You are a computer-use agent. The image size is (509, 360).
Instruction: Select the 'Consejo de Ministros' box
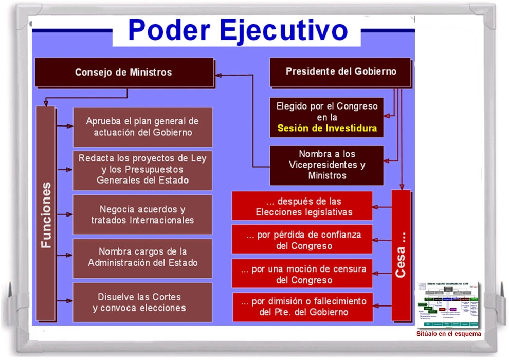coord(123,72)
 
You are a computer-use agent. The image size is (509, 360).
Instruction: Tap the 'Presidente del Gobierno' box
coord(341,71)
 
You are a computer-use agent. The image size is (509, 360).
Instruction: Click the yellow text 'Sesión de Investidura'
coord(327,128)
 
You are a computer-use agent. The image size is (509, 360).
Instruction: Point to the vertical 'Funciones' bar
coord(46,214)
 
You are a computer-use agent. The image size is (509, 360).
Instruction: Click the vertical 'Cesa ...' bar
coord(401,255)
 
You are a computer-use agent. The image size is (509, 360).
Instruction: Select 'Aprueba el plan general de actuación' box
coord(142,127)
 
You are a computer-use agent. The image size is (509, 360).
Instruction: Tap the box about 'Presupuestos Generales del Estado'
coord(142,170)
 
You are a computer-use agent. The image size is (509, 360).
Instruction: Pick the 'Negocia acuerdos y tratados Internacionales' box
coord(142,214)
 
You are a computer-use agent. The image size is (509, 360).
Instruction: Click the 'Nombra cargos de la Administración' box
coord(142,258)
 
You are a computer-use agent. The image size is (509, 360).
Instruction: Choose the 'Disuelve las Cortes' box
coord(142,302)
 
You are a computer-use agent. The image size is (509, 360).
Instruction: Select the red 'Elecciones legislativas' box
coord(302,206)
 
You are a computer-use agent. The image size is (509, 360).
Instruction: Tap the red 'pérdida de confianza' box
coord(302,240)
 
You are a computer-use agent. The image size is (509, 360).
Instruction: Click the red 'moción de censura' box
coord(302,274)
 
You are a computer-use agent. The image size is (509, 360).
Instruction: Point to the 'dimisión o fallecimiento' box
coord(302,307)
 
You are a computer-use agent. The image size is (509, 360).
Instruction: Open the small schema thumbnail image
coord(447,304)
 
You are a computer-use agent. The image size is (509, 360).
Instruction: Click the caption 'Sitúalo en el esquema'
coord(448,333)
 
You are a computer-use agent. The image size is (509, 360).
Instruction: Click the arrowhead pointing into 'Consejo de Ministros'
coord(219,75)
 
